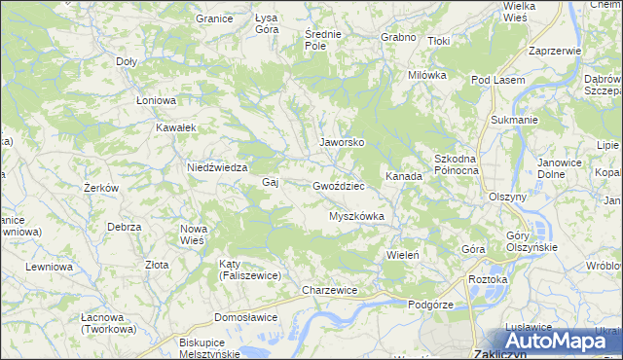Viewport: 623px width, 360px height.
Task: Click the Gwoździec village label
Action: (x=339, y=185)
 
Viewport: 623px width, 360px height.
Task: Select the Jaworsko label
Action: (x=342, y=141)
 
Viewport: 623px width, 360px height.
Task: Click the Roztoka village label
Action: (x=489, y=279)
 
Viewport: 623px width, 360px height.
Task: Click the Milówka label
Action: (x=427, y=75)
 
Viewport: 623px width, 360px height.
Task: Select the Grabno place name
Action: (x=399, y=37)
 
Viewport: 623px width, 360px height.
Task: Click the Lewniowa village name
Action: (x=49, y=266)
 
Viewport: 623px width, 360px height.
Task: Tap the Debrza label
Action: (x=125, y=227)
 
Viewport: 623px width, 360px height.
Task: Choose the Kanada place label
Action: (x=403, y=177)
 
